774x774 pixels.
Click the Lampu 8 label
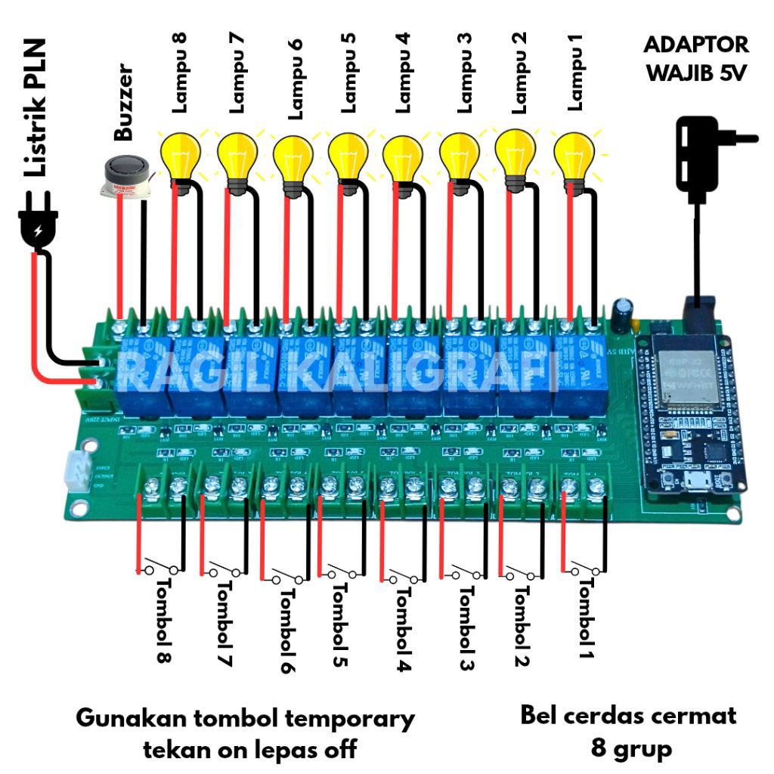179,73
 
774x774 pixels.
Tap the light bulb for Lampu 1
572,155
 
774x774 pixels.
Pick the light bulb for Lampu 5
348,156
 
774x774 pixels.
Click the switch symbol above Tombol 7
225,568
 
